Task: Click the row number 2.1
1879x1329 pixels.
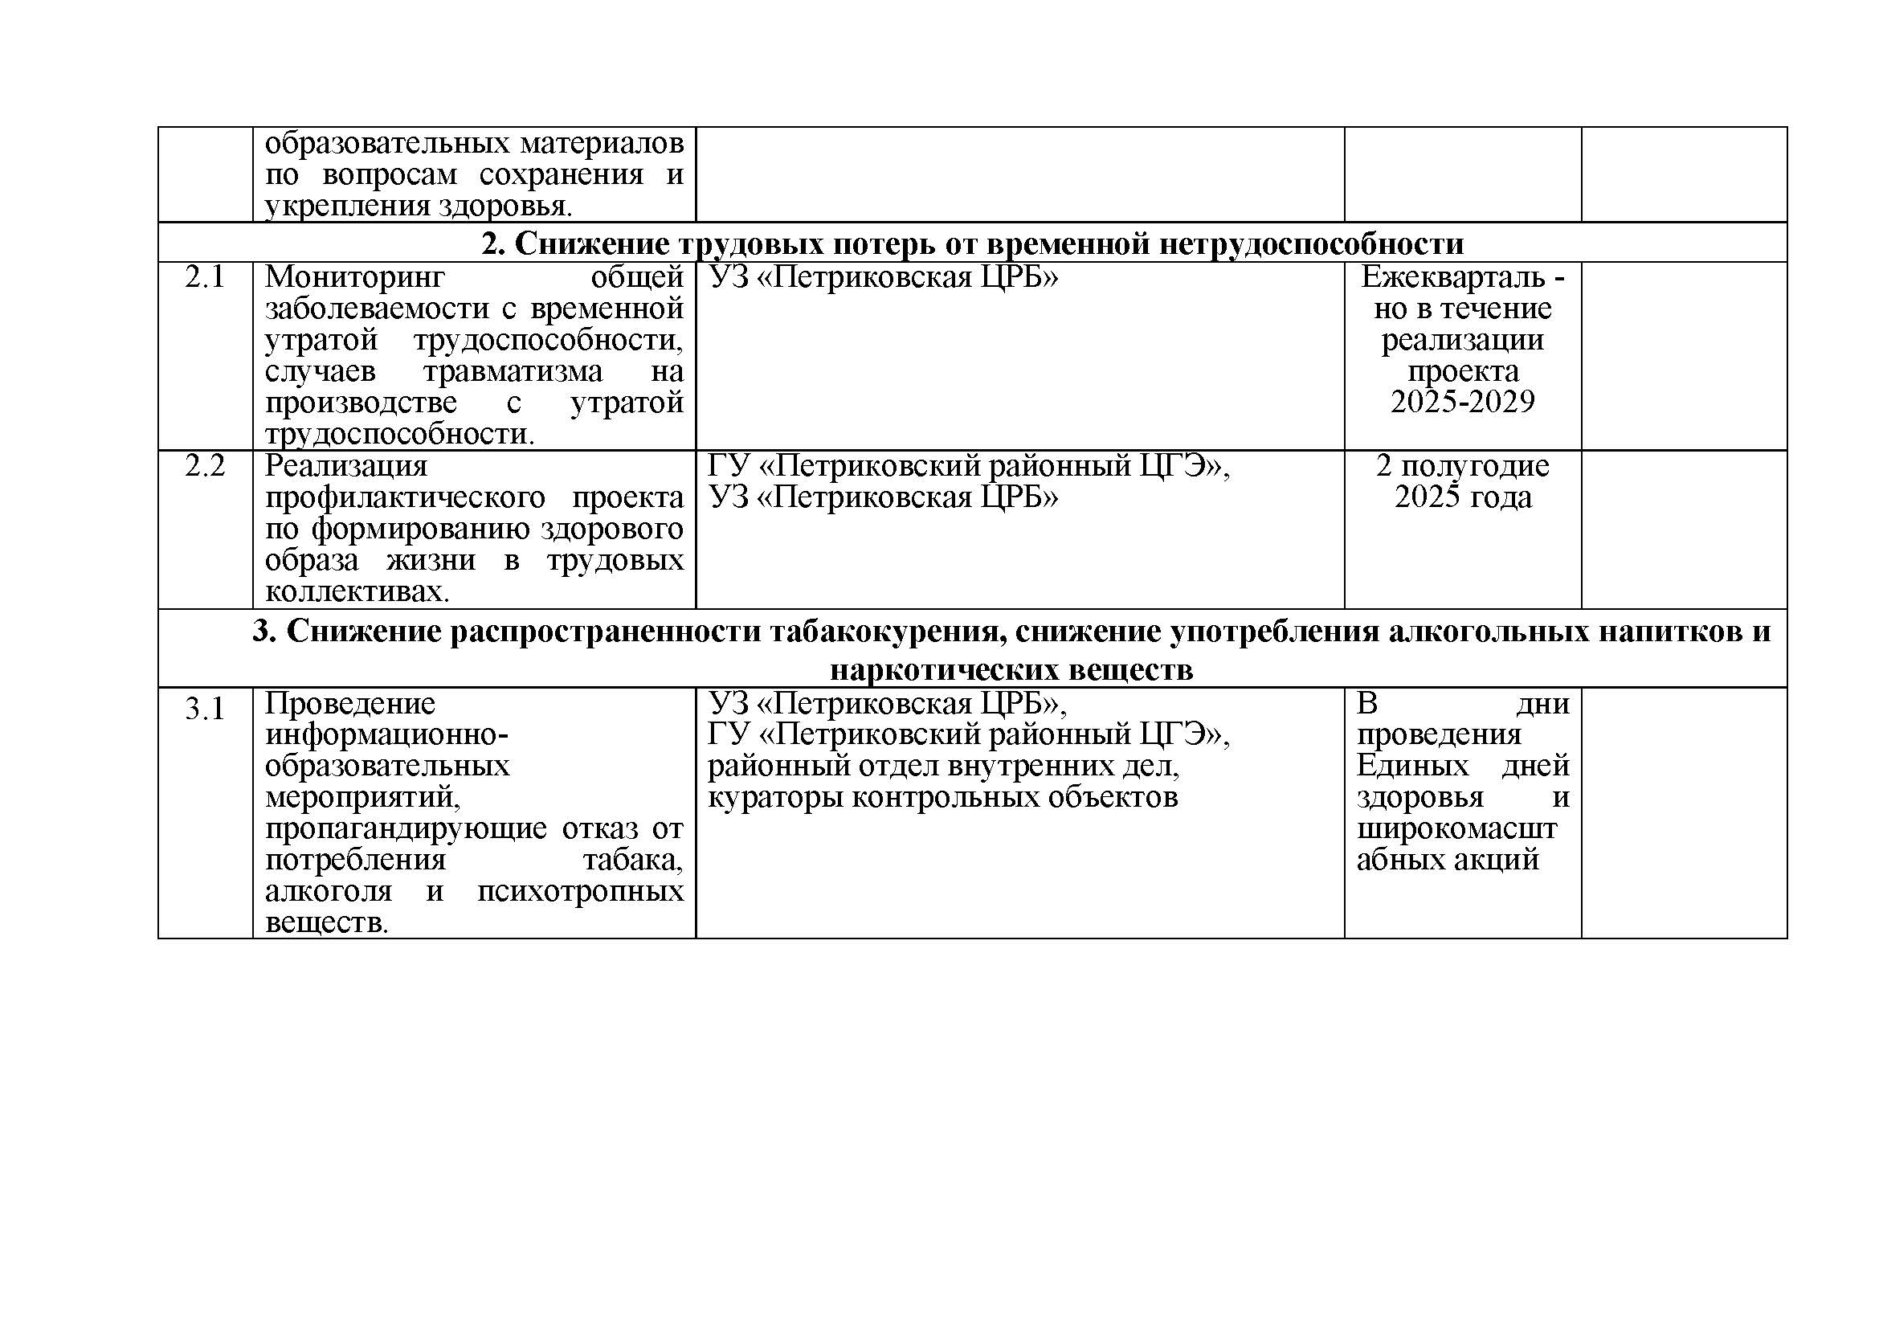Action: [205, 278]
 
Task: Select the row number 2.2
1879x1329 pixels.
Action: [205, 467]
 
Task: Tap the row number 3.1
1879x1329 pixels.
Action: [205, 709]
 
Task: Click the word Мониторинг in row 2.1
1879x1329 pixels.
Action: [355, 278]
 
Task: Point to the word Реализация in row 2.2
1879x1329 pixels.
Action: [346, 467]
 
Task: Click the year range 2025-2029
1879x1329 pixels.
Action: [1462, 402]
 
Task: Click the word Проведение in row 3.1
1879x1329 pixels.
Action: [350, 704]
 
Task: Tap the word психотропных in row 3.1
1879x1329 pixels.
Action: [579, 891]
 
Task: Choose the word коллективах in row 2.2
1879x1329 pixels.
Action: [357, 591]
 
